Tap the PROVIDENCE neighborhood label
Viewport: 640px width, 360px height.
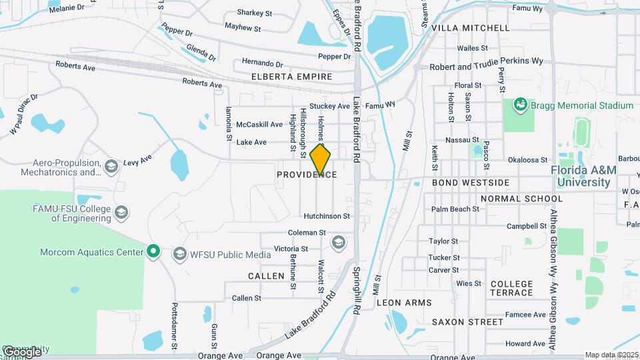click(307, 175)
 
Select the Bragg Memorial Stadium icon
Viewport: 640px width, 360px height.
click(519, 105)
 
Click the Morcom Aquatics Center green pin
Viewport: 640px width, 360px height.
click(153, 251)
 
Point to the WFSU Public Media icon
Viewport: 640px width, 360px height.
click(179, 254)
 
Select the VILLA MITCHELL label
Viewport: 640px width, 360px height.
click(470, 28)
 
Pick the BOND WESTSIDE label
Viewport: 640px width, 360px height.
click(471, 182)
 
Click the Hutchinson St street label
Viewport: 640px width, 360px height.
click(327, 216)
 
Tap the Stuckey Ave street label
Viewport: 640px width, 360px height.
click(329, 106)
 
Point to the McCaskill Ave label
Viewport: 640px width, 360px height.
click(259, 125)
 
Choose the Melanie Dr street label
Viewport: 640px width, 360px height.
click(68, 7)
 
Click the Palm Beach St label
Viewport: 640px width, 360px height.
click(455, 209)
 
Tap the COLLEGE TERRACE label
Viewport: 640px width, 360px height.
click(511, 288)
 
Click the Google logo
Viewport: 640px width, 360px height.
click(21, 351)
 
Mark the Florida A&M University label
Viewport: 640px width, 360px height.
click(583, 176)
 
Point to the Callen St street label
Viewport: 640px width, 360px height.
click(247, 298)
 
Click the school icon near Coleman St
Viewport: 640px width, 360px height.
click(338, 241)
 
